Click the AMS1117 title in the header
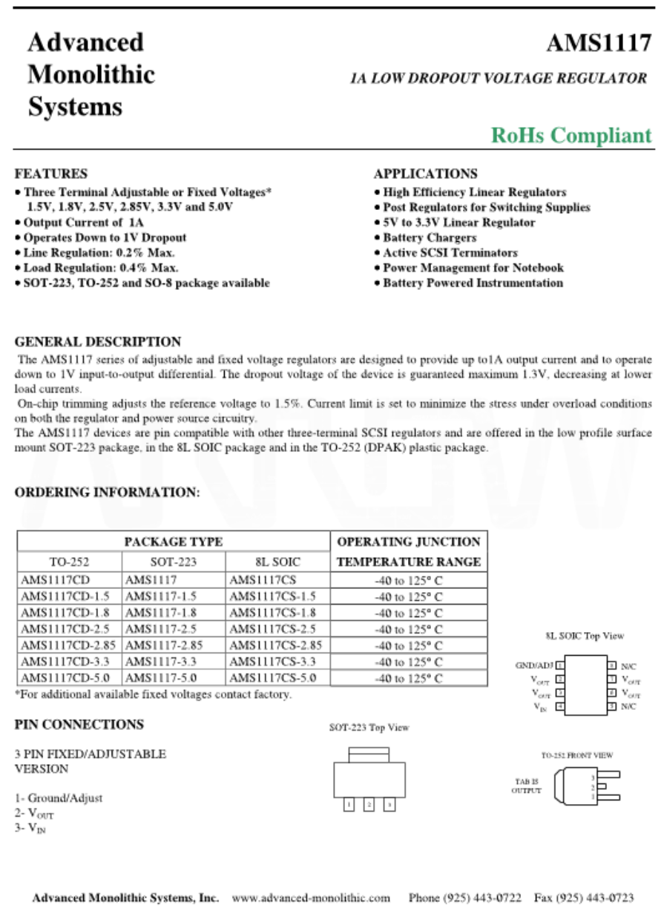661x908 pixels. click(599, 44)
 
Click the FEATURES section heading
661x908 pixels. click(51, 174)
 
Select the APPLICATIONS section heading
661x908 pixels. click(426, 174)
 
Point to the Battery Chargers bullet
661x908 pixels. click(430, 237)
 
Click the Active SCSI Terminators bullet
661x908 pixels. click(450, 253)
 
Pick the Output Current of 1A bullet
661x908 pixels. click(83, 222)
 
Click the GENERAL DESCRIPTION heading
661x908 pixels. click(98, 342)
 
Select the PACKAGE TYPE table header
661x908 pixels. click(174, 542)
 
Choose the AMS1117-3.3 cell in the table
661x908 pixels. click(160, 662)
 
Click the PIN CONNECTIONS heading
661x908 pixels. click(79, 724)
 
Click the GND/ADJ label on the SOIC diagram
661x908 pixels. click(534, 665)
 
